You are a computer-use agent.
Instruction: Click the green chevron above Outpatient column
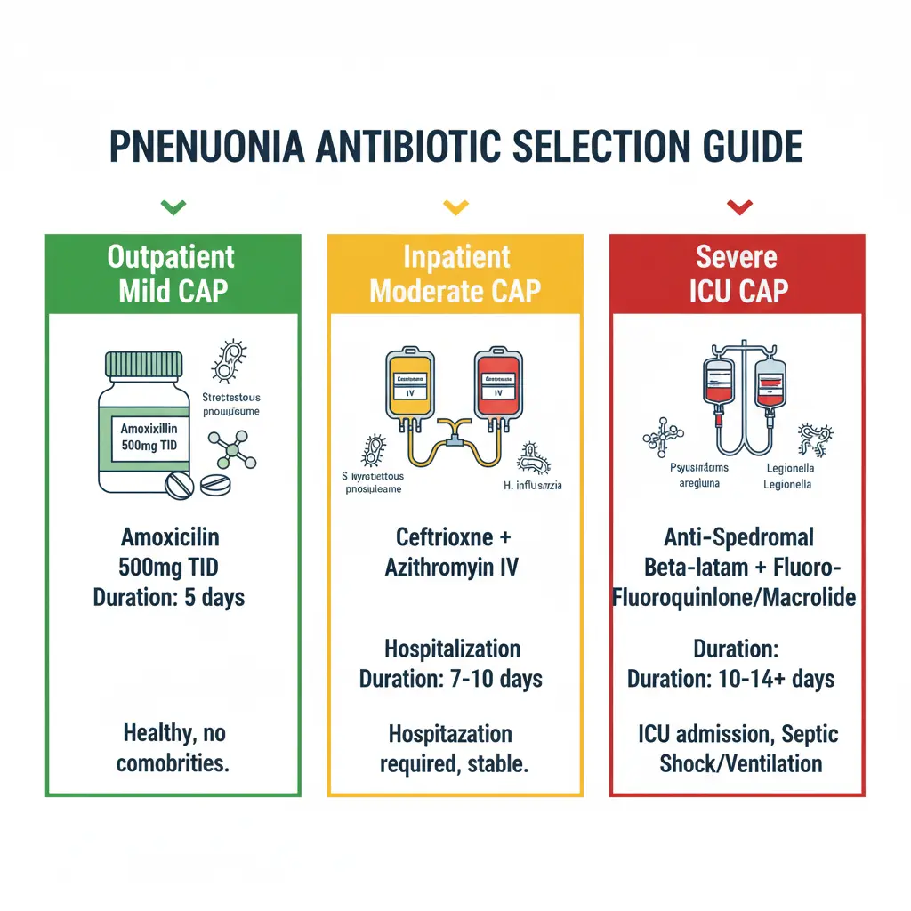173,207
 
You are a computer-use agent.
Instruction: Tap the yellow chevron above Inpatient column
455,207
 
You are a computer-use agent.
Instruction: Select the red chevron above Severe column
738,207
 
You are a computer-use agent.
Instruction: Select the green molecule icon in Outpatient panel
231,452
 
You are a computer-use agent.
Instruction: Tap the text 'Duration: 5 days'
169,596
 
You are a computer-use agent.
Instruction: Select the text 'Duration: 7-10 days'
451,679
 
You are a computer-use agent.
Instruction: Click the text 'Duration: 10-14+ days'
731,679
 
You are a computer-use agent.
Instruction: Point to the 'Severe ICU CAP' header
738,274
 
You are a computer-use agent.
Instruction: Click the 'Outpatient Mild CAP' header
172,274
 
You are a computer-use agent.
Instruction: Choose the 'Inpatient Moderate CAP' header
455,274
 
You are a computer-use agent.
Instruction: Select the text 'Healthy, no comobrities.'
174,748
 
